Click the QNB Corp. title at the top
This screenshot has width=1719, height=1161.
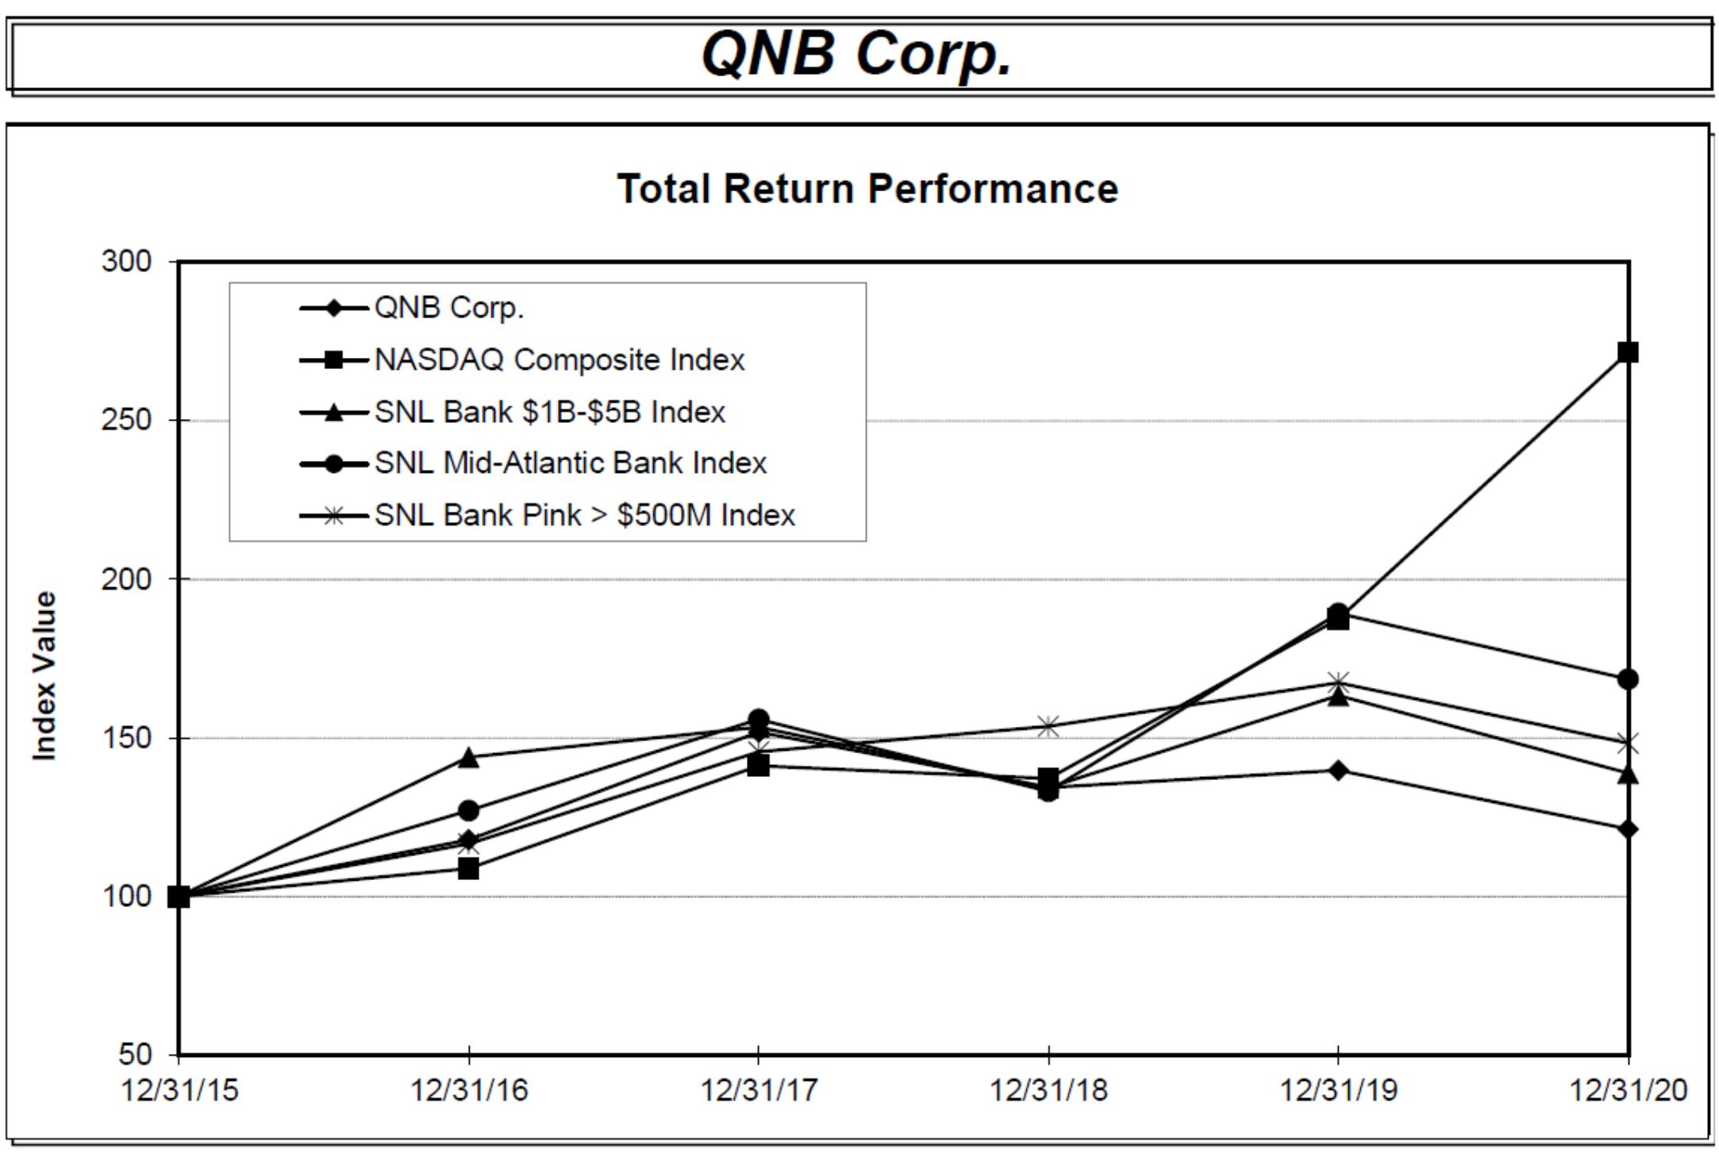click(x=857, y=53)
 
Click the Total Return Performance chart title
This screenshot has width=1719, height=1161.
click(x=867, y=189)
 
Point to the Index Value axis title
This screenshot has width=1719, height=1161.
click(x=44, y=675)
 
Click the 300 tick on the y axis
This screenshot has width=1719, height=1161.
click(x=126, y=261)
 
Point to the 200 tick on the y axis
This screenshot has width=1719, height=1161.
click(x=126, y=579)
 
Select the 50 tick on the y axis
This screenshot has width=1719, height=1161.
click(x=135, y=1055)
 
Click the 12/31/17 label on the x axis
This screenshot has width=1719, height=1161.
click(x=758, y=1090)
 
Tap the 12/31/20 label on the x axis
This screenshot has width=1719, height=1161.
click(x=1629, y=1090)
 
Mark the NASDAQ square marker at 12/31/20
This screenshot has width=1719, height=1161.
click(x=1628, y=352)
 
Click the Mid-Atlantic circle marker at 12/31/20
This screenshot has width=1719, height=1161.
click(x=1628, y=679)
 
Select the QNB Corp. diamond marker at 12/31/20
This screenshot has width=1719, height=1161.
click(x=1628, y=829)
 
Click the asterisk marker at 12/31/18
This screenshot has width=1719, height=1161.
click(x=1048, y=726)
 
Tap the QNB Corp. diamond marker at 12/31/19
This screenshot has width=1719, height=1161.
click(x=1338, y=770)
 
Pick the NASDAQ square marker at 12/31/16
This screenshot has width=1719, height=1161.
click(x=468, y=869)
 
